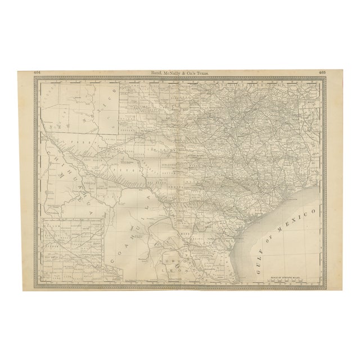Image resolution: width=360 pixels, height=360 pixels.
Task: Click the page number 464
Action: pyautogui.click(x=37, y=72)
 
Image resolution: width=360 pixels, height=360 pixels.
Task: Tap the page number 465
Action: pyautogui.click(x=322, y=72)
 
